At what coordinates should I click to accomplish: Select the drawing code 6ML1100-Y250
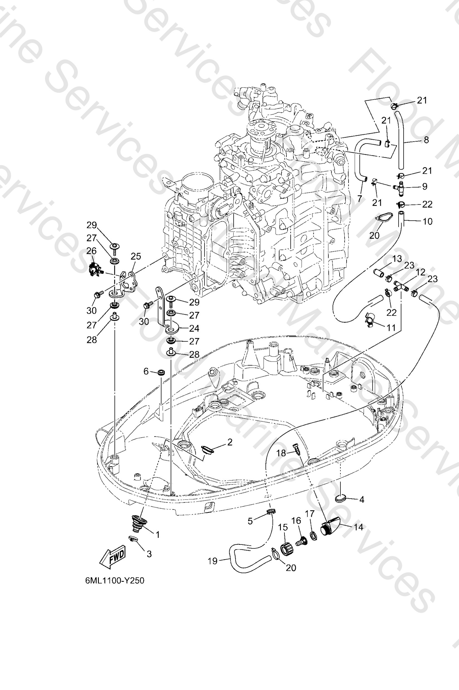tap(115, 580)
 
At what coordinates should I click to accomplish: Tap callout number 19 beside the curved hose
tap(213, 561)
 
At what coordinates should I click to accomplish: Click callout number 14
tap(358, 527)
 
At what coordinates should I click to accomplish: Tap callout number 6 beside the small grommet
tap(146, 372)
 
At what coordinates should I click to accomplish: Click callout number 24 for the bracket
tap(194, 328)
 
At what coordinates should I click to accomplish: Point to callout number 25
tap(136, 256)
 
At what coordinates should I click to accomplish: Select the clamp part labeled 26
tap(94, 268)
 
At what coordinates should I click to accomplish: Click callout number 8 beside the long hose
tap(426, 140)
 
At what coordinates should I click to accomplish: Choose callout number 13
tap(397, 259)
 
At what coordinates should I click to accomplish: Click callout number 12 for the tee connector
tap(420, 272)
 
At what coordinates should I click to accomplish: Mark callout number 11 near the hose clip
tap(391, 327)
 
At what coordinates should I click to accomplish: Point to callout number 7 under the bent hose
tap(359, 199)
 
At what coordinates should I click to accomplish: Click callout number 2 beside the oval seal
tap(230, 442)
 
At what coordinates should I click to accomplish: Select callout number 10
tap(427, 221)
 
